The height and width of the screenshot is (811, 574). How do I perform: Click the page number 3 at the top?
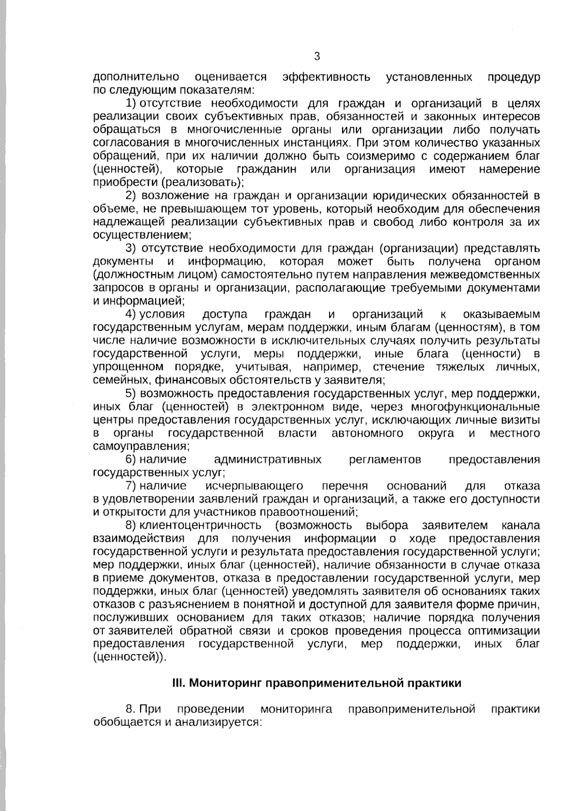pos(317,56)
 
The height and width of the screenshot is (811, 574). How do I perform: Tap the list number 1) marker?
pos(131,103)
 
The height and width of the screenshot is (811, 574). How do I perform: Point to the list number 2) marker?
pos(131,195)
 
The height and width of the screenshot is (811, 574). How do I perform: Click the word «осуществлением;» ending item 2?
pos(142,235)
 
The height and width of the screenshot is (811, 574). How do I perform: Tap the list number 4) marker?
pos(131,314)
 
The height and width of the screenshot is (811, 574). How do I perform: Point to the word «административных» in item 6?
pos(268,460)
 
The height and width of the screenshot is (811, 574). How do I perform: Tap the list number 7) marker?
pos(131,486)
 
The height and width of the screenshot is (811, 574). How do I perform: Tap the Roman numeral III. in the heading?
pos(179,683)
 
